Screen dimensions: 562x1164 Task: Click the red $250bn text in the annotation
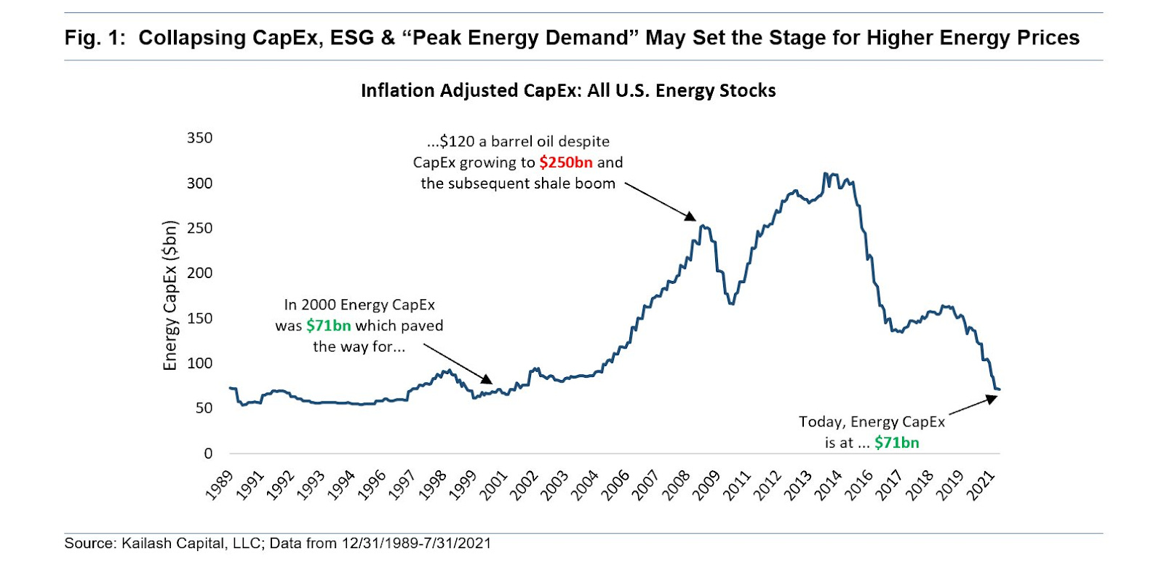(x=565, y=162)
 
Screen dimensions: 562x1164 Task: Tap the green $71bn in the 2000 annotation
(x=328, y=325)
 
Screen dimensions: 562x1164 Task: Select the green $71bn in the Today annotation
(x=896, y=443)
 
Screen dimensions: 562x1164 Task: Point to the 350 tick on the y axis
(x=199, y=138)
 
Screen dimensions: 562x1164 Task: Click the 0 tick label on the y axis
(x=208, y=453)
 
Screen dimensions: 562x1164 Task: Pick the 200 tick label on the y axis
(x=199, y=273)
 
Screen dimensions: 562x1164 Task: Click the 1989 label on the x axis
(x=219, y=485)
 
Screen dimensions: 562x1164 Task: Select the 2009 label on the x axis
(x=705, y=485)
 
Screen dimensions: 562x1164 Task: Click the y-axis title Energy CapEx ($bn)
(x=170, y=295)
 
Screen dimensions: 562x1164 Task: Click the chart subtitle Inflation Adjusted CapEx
(x=568, y=90)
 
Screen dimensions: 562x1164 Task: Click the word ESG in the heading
(x=352, y=38)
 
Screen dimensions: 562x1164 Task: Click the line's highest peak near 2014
(x=825, y=174)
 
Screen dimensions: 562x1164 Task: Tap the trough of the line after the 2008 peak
(x=731, y=304)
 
